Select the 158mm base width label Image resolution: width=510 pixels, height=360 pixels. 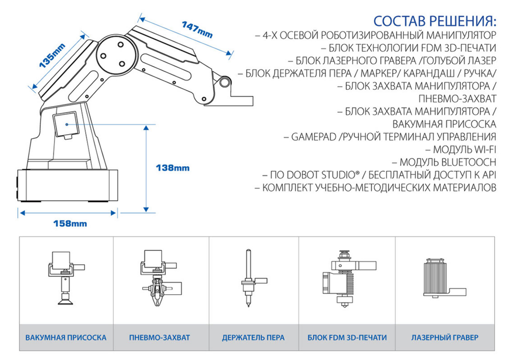(70, 223)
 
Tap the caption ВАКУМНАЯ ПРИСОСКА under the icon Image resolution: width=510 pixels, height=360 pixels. (66, 338)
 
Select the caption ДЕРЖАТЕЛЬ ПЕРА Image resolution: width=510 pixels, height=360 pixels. (253, 338)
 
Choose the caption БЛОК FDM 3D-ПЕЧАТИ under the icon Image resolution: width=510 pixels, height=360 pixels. (347, 338)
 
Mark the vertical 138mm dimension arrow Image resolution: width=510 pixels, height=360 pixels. (146, 168)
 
